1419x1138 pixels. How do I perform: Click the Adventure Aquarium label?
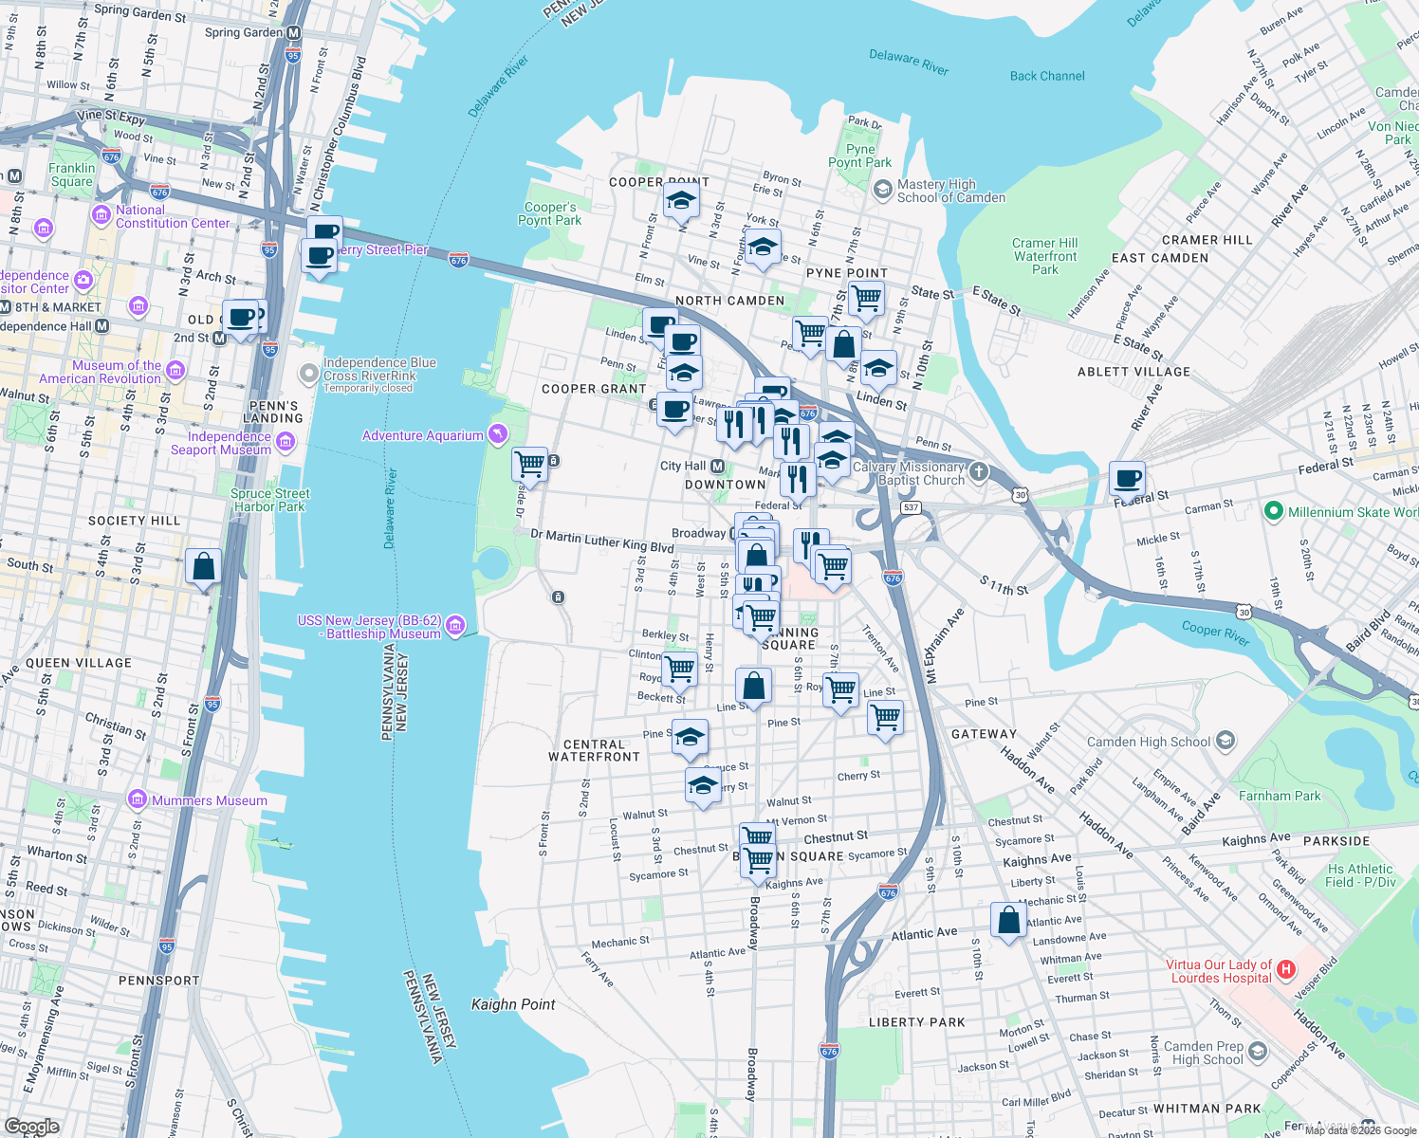[423, 435]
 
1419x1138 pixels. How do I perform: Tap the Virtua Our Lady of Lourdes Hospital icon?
[1286, 969]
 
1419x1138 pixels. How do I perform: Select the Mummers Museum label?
[210, 800]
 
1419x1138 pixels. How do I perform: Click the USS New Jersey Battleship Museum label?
[369, 627]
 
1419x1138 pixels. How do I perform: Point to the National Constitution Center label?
[173, 216]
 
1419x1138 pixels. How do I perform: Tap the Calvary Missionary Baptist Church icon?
[979, 471]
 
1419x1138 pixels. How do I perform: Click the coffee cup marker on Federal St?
[1127, 479]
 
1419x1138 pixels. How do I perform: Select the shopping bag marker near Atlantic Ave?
[1008, 920]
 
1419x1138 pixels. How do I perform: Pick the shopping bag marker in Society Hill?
[203, 567]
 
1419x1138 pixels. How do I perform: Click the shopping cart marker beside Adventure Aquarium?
[529, 465]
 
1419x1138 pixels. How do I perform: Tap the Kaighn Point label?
[513, 1004]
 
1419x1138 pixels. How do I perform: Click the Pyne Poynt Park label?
[859, 156]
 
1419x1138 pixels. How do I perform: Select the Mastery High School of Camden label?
[950, 191]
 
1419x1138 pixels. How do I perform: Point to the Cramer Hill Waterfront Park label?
[1045, 256]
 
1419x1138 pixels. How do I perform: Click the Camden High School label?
[1149, 742]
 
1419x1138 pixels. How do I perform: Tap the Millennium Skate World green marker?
[1274, 511]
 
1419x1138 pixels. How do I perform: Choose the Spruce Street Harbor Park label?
[270, 500]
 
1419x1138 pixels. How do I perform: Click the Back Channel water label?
[1047, 76]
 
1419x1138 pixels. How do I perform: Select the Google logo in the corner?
[31, 1127]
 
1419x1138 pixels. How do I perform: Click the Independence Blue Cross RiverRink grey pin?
[308, 374]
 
